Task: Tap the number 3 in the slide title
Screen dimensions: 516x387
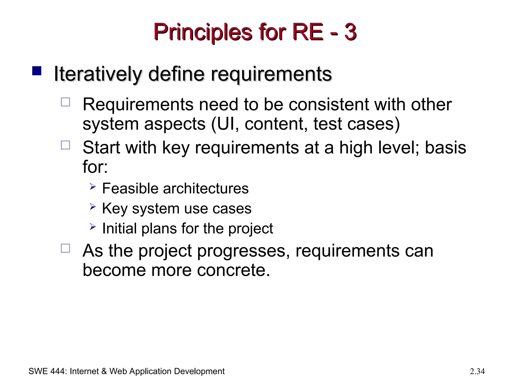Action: [x=350, y=32]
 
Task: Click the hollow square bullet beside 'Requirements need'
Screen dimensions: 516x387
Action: [x=66, y=102]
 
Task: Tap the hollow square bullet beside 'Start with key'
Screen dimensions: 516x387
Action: [x=66, y=145]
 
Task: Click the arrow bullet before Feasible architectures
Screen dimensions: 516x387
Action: [x=93, y=187]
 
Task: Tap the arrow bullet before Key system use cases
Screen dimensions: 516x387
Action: [x=93, y=207]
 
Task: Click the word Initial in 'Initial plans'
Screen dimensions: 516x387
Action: [x=119, y=228]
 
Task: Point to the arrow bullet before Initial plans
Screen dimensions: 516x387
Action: [x=93, y=227]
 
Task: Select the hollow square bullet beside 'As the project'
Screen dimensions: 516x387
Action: [x=66, y=248]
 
